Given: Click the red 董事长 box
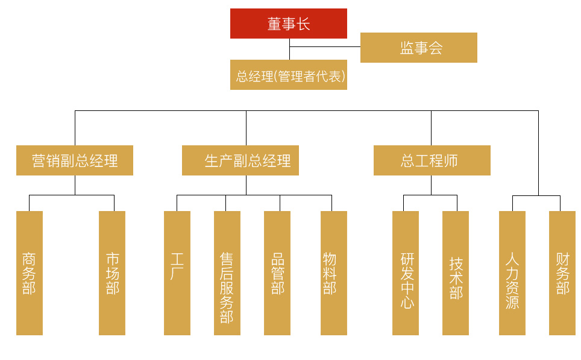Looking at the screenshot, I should [x=288, y=24].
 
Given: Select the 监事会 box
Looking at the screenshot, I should [x=418, y=48].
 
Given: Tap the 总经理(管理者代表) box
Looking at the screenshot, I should [x=288, y=76].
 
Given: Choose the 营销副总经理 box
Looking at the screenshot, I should [x=75, y=160].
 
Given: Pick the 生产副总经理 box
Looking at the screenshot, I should [x=240, y=160].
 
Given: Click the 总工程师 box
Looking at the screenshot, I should [x=432, y=160].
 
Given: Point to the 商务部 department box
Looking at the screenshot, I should [x=29, y=273].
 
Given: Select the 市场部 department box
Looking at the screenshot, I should [x=112, y=273].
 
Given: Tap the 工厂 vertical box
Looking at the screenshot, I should [x=177, y=273].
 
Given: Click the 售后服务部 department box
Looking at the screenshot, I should [x=227, y=273].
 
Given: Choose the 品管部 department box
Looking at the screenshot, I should [x=277, y=273].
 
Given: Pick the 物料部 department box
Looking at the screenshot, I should [x=333, y=273].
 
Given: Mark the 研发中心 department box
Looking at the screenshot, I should [x=406, y=273].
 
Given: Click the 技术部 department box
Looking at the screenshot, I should [x=456, y=273].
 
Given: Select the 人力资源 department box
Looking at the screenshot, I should [x=512, y=273].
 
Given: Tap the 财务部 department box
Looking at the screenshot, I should [x=562, y=273].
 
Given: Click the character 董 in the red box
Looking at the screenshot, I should [x=275, y=24].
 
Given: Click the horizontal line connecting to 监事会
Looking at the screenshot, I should [x=325, y=46].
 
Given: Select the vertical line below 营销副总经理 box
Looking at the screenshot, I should [x=75, y=185].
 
